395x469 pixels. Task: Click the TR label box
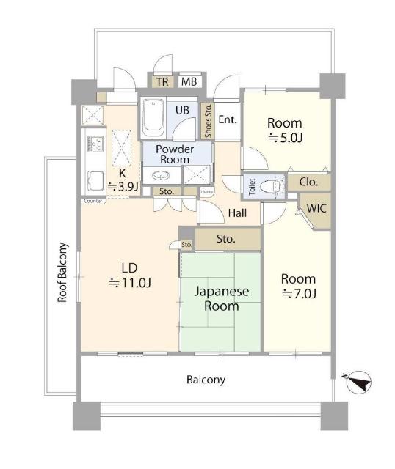click(162, 81)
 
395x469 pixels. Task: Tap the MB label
click(189, 81)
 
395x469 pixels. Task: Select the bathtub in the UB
click(153, 118)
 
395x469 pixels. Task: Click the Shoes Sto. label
click(208, 120)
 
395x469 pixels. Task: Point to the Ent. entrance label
click(228, 119)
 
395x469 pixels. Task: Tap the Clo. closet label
click(308, 182)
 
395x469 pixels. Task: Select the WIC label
click(316, 208)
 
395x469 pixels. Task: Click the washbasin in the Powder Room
click(161, 176)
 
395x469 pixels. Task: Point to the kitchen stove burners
click(95, 144)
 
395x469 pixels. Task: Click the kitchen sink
click(95, 182)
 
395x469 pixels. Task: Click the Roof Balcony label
click(62, 272)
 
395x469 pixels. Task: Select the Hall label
click(237, 213)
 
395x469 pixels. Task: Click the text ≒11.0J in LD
click(130, 283)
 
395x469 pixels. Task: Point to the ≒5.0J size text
click(285, 138)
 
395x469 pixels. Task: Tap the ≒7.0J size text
click(299, 294)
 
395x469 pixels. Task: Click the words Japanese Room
click(222, 298)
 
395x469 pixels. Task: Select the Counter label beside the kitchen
click(93, 201)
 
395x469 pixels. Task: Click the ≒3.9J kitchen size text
click(123, 187)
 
